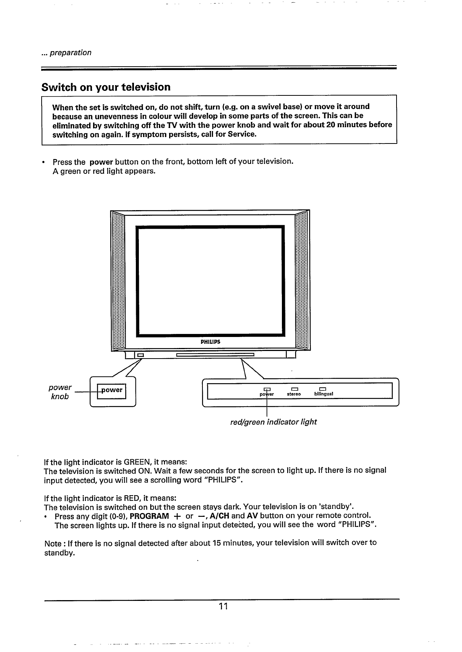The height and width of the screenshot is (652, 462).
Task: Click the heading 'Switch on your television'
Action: (106, 87)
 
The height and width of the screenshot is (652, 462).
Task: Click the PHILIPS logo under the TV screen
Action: (210, 342)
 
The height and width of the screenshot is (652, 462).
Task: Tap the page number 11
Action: (223, 606)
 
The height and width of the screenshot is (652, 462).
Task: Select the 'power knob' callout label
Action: (60, 392)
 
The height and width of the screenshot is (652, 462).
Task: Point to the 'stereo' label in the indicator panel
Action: (294, 394)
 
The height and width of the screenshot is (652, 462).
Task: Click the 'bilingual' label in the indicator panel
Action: (324, 394)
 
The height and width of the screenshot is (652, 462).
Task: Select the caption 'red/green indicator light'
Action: (273, 422)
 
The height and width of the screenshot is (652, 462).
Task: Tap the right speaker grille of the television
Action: (302, 280)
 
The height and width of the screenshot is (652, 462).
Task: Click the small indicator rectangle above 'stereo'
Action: (294, 389)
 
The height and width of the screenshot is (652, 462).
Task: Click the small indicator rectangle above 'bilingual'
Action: (322, 389)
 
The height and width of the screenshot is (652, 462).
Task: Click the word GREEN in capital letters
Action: (138, 462)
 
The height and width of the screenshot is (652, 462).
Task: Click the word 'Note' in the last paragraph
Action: (52, 544)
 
